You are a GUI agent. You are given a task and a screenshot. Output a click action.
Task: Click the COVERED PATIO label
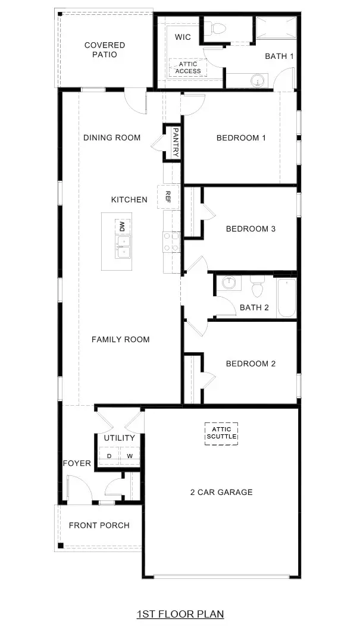coord(105,50)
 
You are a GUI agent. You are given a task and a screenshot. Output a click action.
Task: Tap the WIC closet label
coord(182,37)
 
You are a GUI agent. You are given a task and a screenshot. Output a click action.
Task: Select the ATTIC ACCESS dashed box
coord(188,67)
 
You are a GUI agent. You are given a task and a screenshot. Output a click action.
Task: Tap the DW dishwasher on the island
coord(123,226)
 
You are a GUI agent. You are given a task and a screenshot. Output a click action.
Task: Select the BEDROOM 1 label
coord(240,138)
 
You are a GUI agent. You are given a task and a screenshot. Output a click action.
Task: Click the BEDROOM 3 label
coord(251,228)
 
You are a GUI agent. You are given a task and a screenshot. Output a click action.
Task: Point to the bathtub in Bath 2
coord(286,297)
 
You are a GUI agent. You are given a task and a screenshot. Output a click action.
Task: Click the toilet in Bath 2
coord(258,287)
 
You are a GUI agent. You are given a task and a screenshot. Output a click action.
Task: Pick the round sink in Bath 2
coord(228,283)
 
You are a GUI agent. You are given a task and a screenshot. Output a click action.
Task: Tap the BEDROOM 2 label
coord(251,364)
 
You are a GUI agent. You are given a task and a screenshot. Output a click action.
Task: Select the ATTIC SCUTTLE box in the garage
coord(221,433)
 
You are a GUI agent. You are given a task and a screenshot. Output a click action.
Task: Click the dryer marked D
coord(109,456)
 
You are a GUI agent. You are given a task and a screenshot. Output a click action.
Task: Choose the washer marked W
coord(129,456)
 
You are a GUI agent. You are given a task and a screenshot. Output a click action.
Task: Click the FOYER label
coord(77,463)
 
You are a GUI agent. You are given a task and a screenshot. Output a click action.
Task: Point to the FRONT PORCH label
coord(99,525)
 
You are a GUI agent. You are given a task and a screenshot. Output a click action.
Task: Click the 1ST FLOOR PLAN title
coord(180,613)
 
